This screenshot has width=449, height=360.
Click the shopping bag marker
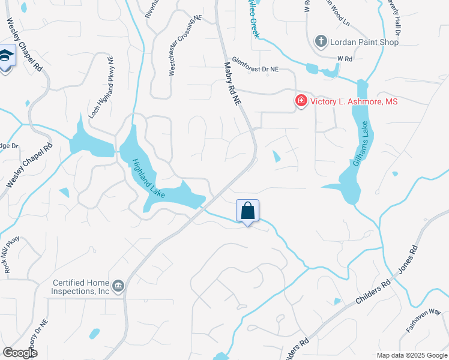(x=247, y=211)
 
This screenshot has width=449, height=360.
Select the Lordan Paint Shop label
(x=365, y=42)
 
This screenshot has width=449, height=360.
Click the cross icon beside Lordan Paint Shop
(x=321, y=41)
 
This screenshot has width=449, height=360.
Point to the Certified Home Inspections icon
(x=118, y=286)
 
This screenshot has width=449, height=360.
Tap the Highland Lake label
(x=144, y=175)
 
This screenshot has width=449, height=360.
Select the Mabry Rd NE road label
(x=232, y=85)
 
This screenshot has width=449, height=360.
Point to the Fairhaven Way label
(x=423, y=321)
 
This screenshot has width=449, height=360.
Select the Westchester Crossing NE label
(x=184, y=45)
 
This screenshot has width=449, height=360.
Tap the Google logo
(x=20, y=353)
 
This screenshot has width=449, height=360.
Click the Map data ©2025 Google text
(x=412, y=355)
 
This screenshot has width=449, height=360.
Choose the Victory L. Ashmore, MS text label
(x=354, y=101)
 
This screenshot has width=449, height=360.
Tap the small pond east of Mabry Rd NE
(x=276, y=156)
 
